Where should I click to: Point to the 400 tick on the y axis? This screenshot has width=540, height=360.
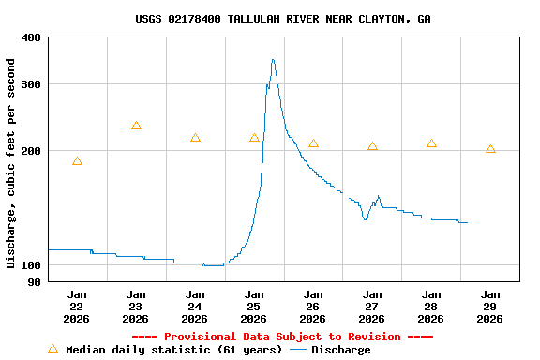point(31,37)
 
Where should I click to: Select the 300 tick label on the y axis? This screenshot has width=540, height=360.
point(31,84)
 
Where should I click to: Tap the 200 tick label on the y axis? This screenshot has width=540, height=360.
point(31,152)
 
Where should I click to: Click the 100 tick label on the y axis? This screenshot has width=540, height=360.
point(31,265)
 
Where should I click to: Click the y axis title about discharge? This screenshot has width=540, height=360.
point(11,163)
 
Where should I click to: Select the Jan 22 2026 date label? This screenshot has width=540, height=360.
point(77,306)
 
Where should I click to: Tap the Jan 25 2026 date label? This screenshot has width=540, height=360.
point(254,306)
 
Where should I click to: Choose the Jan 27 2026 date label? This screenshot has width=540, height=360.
point(372,306)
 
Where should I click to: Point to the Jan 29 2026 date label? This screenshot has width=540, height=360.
point(490,306)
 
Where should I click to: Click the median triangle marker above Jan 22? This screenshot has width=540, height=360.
point(77,161)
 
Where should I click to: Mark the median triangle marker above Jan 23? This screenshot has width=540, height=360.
point(136,126)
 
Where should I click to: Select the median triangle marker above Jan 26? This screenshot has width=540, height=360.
point(313,143)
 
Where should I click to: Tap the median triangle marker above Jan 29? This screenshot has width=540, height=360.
point(490,149)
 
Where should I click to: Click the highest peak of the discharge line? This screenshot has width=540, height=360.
point(273,60)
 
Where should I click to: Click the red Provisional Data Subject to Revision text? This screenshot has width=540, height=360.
point(282,337)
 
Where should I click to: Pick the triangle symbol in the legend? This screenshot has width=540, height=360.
point(52,349)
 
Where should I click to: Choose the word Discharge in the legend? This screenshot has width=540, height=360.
point(340,350)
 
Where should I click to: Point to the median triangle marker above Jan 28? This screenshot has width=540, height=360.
point(431,143)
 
